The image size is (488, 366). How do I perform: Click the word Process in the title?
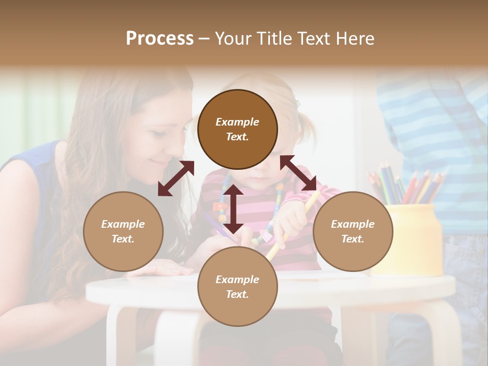coord(160,39)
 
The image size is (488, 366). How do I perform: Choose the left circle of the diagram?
coord(123,231)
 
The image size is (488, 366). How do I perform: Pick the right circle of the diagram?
coord(353,231)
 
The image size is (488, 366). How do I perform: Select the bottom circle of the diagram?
coord(237,287)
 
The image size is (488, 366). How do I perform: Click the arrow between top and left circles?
coord(176,178)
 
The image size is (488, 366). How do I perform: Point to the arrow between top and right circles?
coord(298,173)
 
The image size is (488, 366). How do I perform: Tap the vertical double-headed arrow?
coord(233,208)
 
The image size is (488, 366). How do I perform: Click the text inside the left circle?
coord(123,231)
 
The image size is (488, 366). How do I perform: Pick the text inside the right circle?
coord(353,231)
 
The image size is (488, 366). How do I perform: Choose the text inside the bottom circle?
coord(237,287)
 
